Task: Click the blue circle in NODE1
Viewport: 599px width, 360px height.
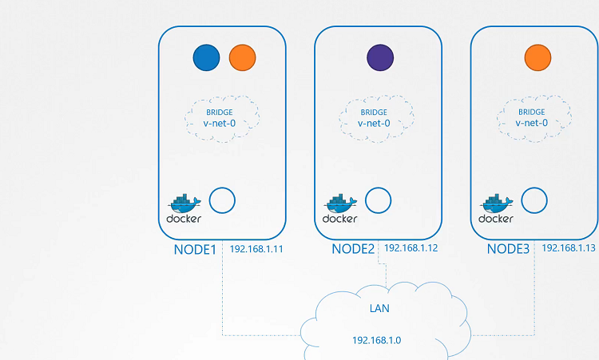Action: (x=207, y=57)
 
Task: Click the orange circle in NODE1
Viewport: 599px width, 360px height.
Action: (x=242, y=57)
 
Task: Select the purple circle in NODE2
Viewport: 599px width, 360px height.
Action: (x=379, y=57)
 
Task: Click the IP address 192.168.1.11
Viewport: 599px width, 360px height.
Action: (x=257, y=249)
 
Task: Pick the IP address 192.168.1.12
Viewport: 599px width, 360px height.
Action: (x=411, y=248)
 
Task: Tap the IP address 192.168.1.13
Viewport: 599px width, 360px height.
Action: (x=569, y=248)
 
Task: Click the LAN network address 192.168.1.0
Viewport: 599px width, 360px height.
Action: (x=377, y=340)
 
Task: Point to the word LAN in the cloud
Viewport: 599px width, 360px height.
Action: (x=379, y=307)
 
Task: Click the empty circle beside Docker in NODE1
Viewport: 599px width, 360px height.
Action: (x=222, y=200)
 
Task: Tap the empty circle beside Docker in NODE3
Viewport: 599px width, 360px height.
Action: (x=534, y=200)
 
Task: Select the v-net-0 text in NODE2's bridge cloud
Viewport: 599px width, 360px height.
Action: (x=374, y=124)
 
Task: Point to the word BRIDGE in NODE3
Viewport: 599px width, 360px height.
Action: (x=532, y=113)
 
